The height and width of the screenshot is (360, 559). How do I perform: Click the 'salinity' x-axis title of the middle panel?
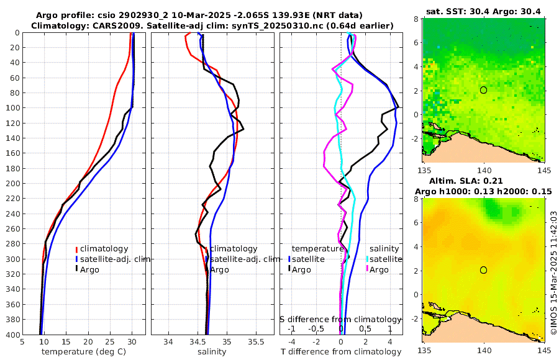(x=211, y=352)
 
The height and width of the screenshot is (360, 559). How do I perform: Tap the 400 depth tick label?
(x=12, y=335)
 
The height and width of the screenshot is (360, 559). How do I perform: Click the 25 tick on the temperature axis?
(x=110, y=342)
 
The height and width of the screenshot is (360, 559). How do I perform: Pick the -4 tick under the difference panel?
(x=292, y=342)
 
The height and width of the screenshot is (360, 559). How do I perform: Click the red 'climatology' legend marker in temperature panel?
(x=77, y=249)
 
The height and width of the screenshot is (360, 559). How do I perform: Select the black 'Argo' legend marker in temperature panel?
(x=77, y=269)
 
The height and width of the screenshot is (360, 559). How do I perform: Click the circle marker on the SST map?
(x=483, y=90)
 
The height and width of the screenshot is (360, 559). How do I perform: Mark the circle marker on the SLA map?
(x=483, y=270)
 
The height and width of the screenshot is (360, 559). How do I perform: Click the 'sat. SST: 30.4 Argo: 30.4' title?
(x=483, y=11)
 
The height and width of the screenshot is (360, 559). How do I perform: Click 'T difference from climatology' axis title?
(x=341, y=352)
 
